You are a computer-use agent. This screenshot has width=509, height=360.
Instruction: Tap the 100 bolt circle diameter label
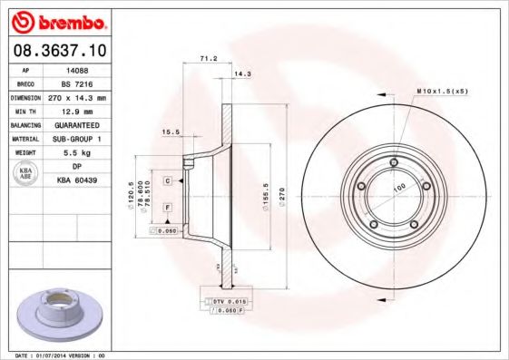[397, 188]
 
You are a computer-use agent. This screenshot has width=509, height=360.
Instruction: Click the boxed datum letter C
[168, 181]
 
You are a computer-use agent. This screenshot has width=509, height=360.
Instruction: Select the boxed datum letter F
[168, 208]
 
